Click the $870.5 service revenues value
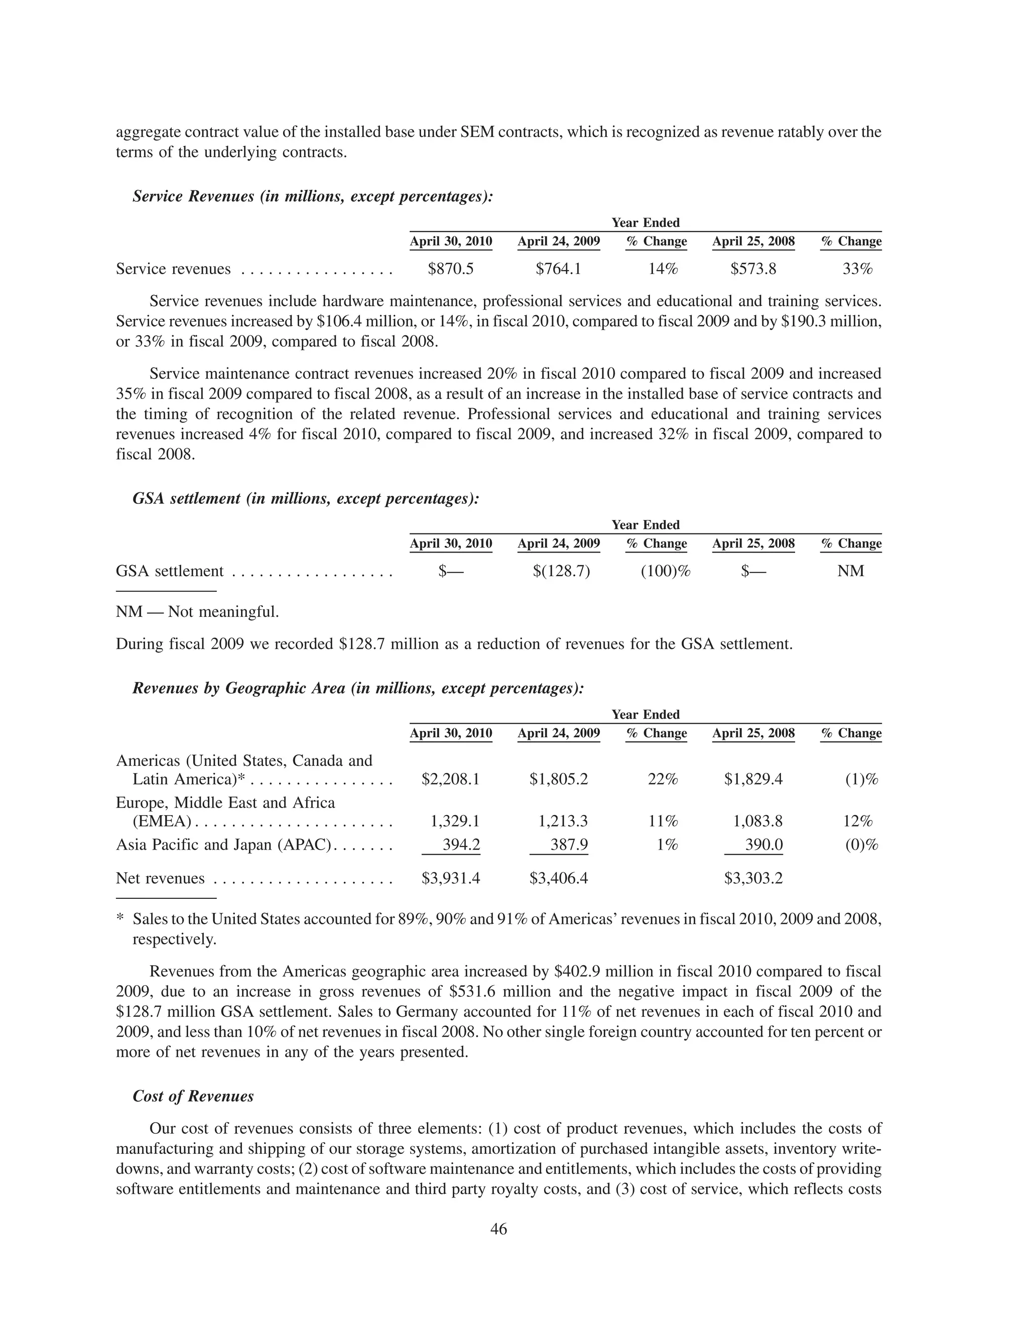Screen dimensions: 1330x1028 click(x=451, y=269)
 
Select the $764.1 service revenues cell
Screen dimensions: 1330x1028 click(x=559, y=269)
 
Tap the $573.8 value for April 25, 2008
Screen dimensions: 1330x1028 click(x=753, y=269)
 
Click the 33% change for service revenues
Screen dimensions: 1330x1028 click(x=857, y=269)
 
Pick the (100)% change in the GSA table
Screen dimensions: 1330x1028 click(x=666, y=571)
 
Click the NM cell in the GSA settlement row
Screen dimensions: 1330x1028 click(x=851, y=571)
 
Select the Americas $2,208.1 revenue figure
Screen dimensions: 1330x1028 click(x=451, y=779)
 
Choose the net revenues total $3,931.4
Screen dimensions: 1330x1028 click(x=451, y=878)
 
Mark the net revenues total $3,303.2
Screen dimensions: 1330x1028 click(x=753, y=878)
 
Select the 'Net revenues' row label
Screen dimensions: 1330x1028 click(x=160, y=878)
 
